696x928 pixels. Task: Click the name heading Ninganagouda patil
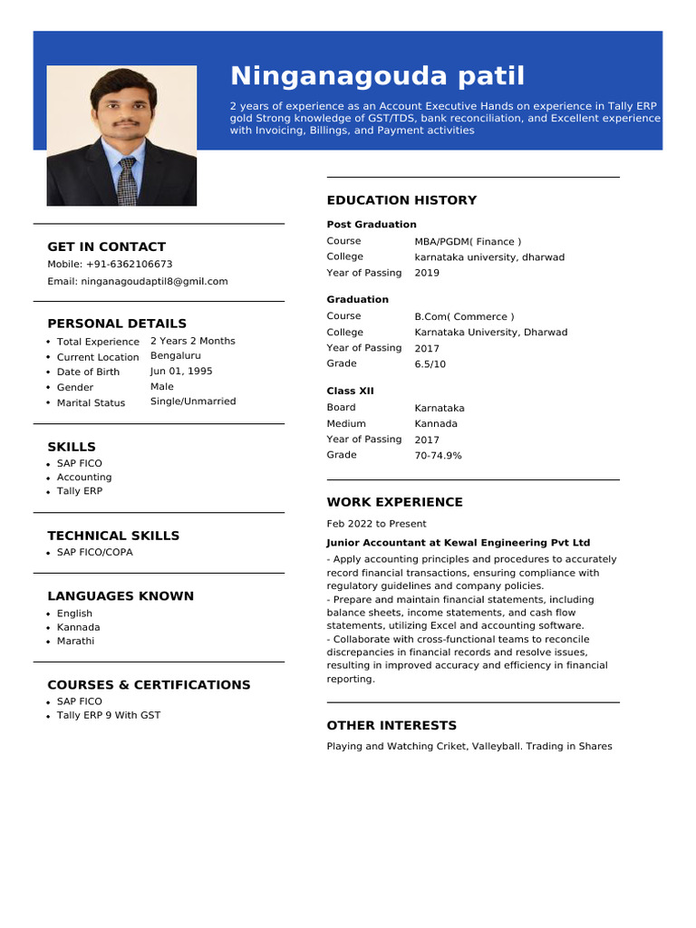(x=377, y=76)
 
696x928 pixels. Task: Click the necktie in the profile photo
(x=127, y=181)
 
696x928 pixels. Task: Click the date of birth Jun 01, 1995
(x=181, y=372)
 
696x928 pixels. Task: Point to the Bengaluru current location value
(x=176, y=356)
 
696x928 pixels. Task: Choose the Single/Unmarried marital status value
(x=193, y=401)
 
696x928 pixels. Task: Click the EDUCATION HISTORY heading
(x=401, y=200)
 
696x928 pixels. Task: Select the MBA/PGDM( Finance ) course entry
(x=468, y=242)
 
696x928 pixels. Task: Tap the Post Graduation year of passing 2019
(x=427, y=273)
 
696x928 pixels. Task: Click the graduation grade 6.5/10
(x=430, y=364)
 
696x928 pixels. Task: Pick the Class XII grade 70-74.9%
(x=438, y=456)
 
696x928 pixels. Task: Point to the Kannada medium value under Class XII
(x=436, y=424)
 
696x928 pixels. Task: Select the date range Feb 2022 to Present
(x=376, y=524)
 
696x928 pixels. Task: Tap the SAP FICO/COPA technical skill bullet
(x=94, y=552)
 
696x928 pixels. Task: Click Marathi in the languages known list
(x=75, y=641)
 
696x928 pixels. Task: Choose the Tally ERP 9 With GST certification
(x=108, y=715)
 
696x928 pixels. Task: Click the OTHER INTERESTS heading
(x=391, y=726)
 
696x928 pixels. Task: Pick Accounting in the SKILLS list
(x=84, y=478)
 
